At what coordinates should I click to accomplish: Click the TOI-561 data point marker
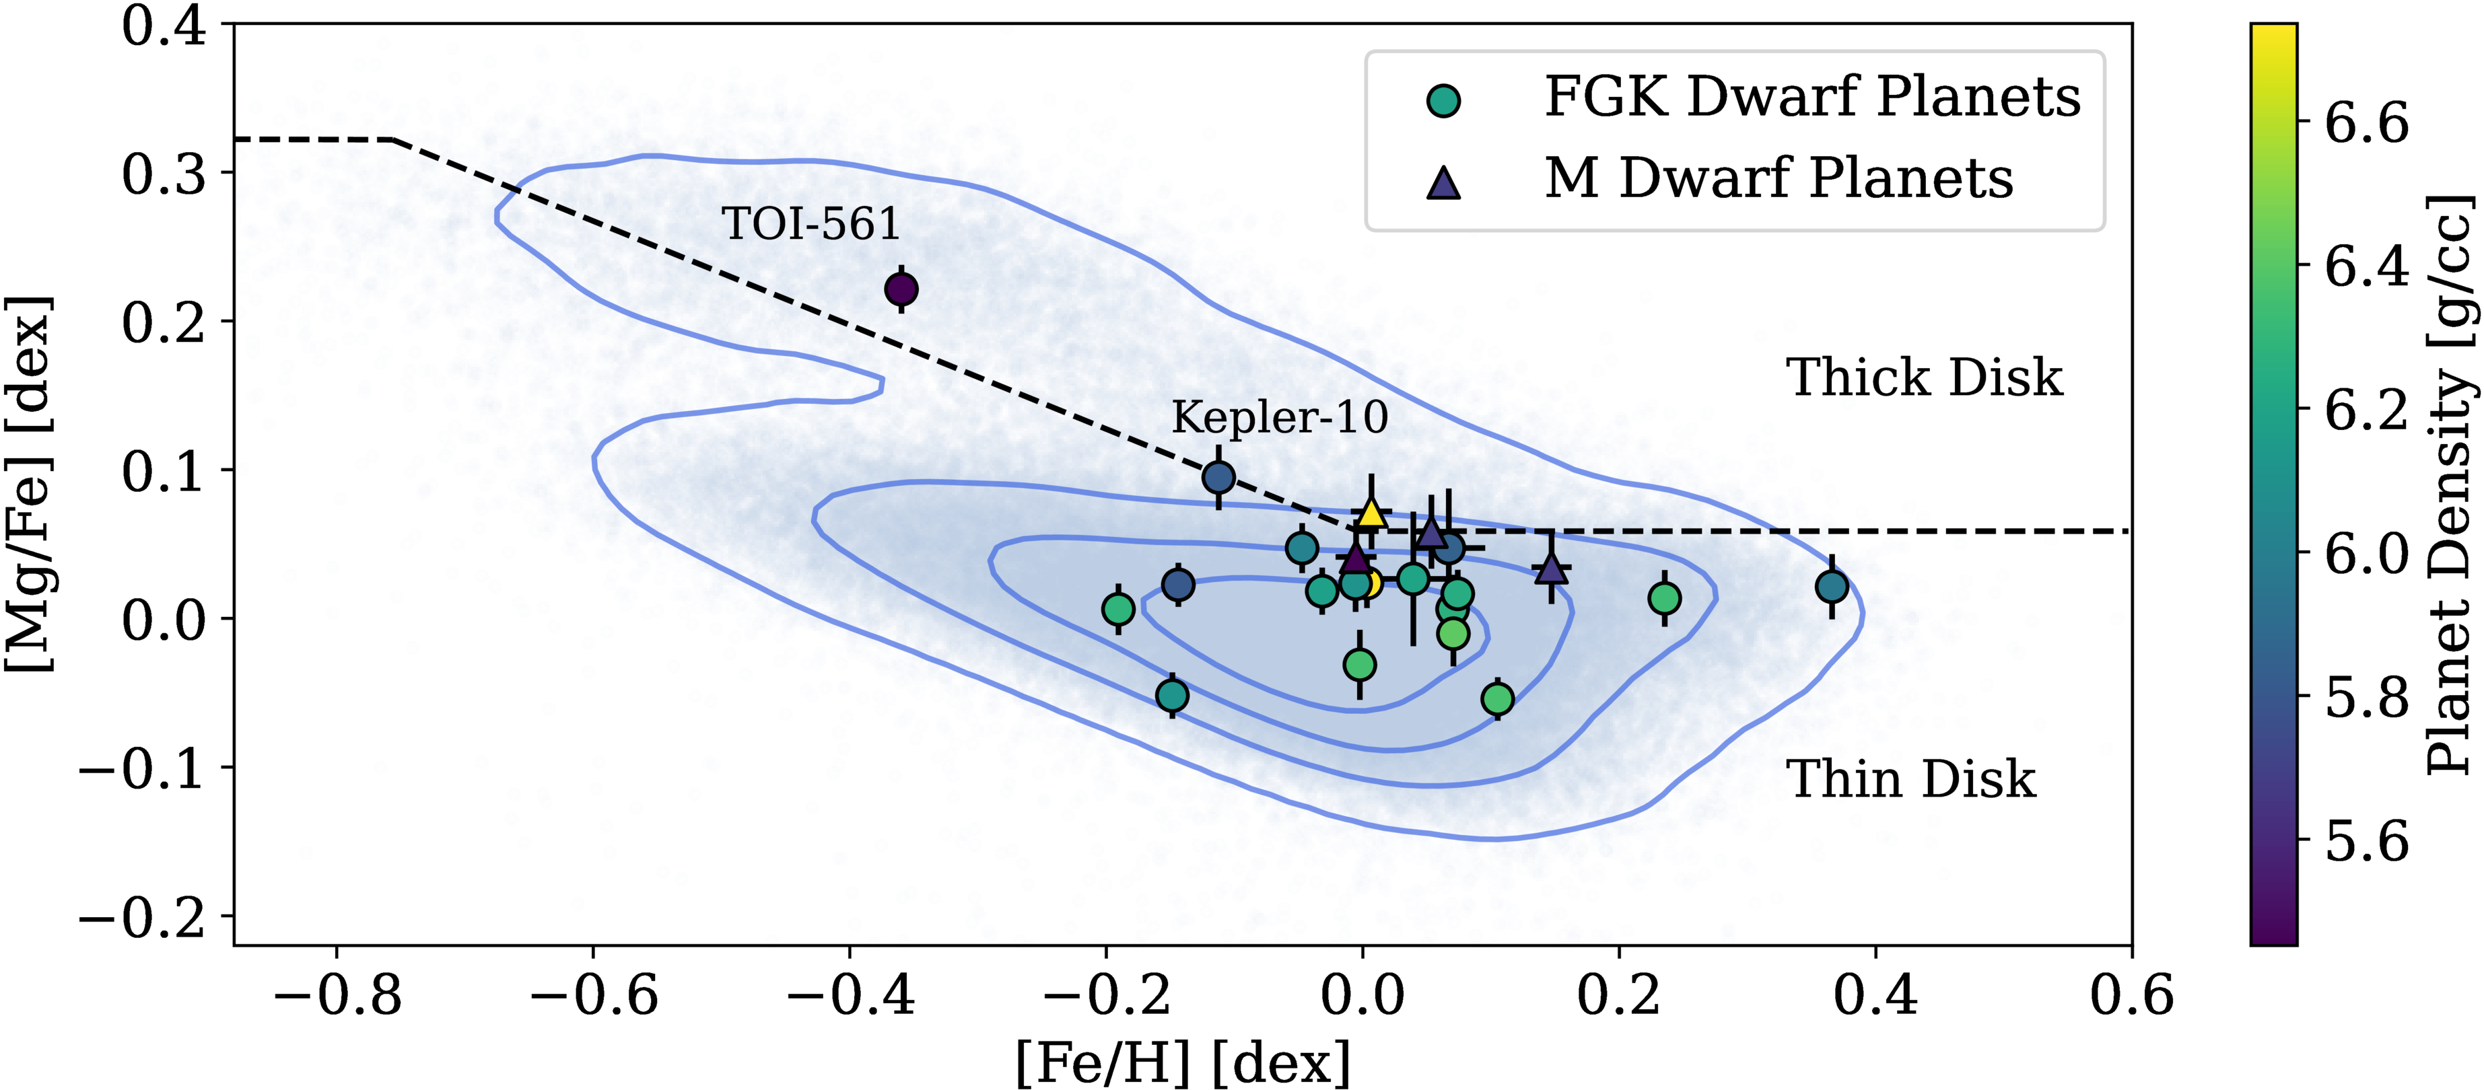click(901, 289)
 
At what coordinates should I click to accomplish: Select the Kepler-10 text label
click(1280, 417)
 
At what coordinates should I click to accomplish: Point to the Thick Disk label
click(1924, 377)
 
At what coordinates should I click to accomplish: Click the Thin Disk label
click(1910, 778)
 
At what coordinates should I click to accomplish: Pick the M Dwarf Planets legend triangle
click(1443, 181)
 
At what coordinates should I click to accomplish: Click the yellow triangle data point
click(1371, 513)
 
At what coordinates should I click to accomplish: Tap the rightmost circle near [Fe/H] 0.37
click(1831, 586)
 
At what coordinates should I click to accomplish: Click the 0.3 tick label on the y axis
click(164, 174)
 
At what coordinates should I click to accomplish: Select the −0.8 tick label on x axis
click(337, 994)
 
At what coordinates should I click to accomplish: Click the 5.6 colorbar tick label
click(2366, 841)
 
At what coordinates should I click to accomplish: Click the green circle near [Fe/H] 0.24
click(1664, 598)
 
